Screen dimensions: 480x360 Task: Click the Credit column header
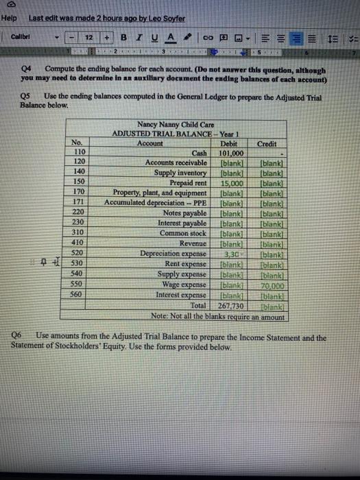268,144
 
